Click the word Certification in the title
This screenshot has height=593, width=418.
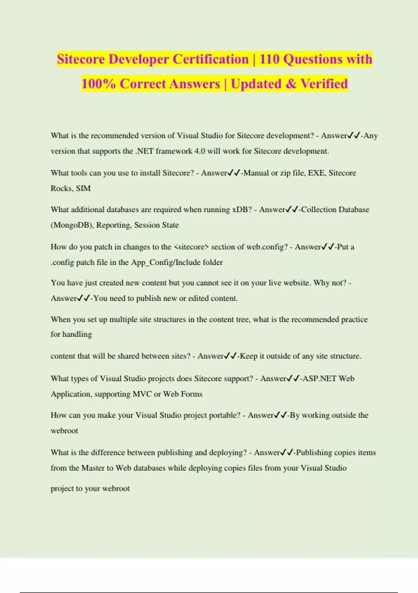coord(210,59)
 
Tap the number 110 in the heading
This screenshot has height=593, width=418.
coord(269,59)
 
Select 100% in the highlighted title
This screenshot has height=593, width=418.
coord(99,84)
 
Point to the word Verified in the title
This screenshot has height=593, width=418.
coord(324,84)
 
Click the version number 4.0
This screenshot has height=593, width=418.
coord(200,151)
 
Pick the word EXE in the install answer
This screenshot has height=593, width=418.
coord(316,173)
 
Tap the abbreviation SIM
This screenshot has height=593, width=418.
coord(83,188)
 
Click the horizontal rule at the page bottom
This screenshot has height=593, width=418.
coord(209,592)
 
